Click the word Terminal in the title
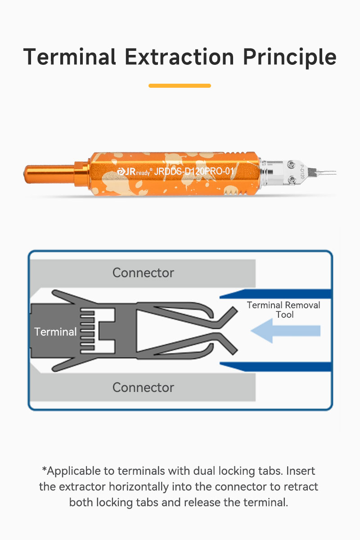[x=70, y=57]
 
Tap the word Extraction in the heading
[x=180, y=57]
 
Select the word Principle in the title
[x=290, y=58]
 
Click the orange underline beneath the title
[x=180, y=85]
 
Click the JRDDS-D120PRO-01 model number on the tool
[x=194, y=171]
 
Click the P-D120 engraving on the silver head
[x=302, y=171]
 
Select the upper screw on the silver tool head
[x=292, y=165]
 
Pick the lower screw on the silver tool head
[x=292, y=180]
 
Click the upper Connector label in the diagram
[x=143, y=273]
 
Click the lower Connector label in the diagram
[x=143, y=387]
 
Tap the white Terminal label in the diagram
[x=55, y=332]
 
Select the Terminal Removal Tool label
[x=283, y=310]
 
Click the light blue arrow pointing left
[x=286, y=331]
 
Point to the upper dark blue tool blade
[x=275, y=294]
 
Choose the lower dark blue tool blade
[x=275, y=367]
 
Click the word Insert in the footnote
[x=301, y=471]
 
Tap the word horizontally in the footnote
[x=139, y=487]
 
